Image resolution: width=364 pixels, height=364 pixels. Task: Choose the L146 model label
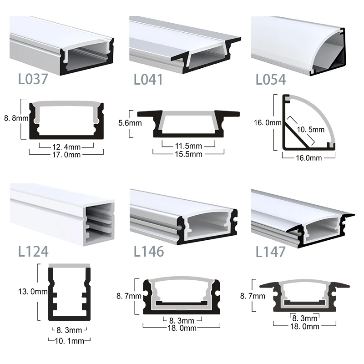[x=149, y=251]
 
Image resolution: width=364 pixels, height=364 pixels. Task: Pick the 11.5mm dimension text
[x=188, y=146]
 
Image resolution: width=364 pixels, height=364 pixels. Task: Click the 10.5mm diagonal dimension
[x=311, y=130]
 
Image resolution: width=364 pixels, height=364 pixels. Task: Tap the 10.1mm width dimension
[x=70, y=339]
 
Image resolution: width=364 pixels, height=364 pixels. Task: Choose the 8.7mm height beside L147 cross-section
[x=253, y=296]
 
